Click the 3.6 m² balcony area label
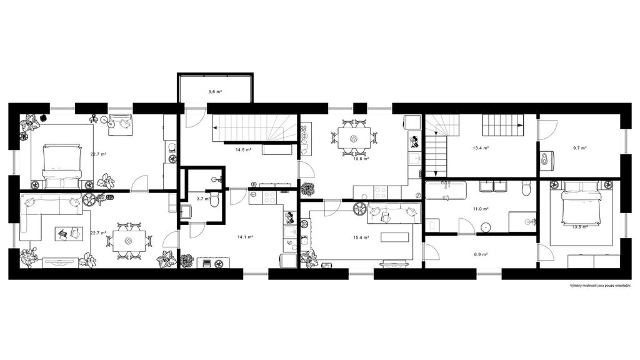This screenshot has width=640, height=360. pos(215,92)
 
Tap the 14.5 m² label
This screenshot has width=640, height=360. pos(243,150)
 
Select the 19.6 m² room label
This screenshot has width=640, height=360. pos(361,159)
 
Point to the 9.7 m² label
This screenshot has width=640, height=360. pos(579,148)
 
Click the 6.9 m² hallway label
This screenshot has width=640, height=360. pos(481,254)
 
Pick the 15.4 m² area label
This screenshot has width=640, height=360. pos(361,237)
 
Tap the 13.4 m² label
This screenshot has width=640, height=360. pos(481,148)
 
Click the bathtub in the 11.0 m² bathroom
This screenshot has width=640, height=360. pos(446,191)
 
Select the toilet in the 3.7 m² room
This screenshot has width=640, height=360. pos(215,199)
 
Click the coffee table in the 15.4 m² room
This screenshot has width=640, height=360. pos(395,237)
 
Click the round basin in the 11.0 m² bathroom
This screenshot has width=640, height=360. pos(486,226)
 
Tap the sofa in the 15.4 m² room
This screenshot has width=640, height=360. pos(394,214)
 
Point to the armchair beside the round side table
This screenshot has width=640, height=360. pos(121,122)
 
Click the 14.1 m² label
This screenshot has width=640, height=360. pos(245,237)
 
